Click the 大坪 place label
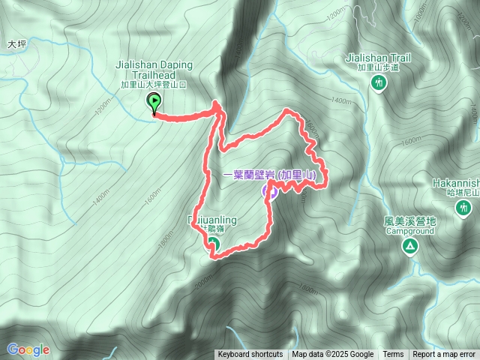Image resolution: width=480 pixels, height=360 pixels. point(16,44)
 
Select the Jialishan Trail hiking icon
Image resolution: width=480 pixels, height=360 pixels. point(379,82)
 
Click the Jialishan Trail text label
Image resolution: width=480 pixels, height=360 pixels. point(379,56)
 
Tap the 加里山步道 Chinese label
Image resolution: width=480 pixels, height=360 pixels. point(379,67)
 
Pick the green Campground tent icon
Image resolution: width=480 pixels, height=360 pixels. point(410,246)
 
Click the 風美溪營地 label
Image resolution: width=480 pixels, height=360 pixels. point(409,222)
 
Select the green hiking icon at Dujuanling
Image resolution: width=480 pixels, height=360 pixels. point(212,244)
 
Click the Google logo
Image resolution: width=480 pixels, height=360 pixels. point(28,349)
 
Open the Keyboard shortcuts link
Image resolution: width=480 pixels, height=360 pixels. point(250,355)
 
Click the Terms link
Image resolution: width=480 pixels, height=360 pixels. point(393,355)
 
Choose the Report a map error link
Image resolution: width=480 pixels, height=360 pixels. point(444,355)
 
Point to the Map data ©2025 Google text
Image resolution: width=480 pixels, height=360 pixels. point(333,355)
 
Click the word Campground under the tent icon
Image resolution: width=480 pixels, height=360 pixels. point(409,232)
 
